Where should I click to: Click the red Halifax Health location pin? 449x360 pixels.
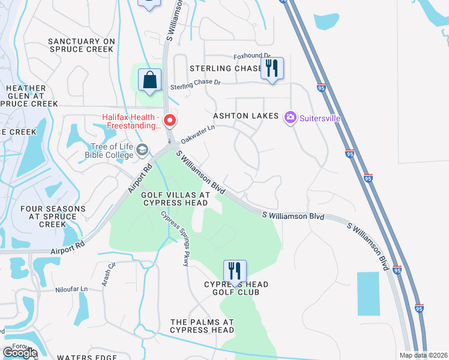pyautogui.click(x=170, y=121)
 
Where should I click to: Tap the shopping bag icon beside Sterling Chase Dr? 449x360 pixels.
pyautogui.click(x=149, y=80)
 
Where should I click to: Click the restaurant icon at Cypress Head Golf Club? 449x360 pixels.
pyautogui.click(x=235, y=271)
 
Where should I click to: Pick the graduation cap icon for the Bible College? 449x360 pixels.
pyautogui.click(x=142, y=149)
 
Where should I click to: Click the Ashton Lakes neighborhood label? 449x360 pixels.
pyautogui.click(x=246, y=115)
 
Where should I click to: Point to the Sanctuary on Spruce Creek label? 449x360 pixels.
pyautogui.click(x=82, y=46)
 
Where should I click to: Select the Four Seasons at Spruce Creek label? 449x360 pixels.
pyautogui.click(x=52, y=217)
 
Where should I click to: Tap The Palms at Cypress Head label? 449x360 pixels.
pyautogui.click(x=202, y=326)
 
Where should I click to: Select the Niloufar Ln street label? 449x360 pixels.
pyautogui.click(x=68, y=289)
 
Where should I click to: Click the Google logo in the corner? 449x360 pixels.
pyautogui.click(x=20, y=353)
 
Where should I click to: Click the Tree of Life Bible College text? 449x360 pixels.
pyautogui.click(x=112, y=150)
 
